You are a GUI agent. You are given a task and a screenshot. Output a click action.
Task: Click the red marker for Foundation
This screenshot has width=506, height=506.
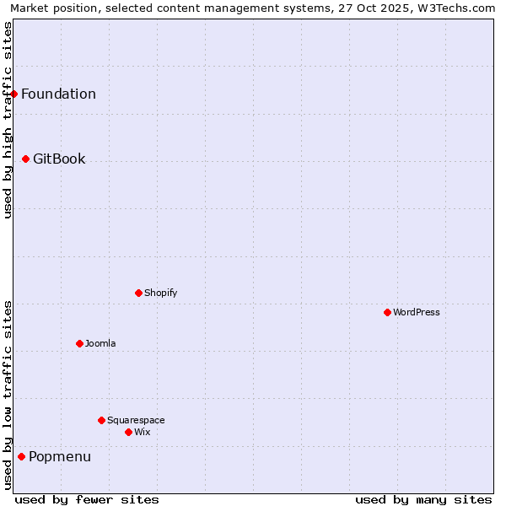pyautogui.click(x=14, y=94)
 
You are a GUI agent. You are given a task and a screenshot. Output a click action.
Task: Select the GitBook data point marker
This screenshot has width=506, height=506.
pyautogui.click(x=26, y=159)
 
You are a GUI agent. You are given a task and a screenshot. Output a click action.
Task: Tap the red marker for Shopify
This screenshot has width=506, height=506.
pyautogui.click(x=139, y=293)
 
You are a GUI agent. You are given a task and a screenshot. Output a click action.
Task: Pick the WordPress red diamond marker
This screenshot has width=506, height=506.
pyautogui.click(x=388, y=312)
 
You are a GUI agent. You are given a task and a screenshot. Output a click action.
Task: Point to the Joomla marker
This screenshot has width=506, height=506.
pyautogui.click(x=80, y=343)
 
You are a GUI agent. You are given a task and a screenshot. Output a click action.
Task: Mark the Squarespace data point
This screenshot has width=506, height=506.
pyautogui.click(x=102, y=420)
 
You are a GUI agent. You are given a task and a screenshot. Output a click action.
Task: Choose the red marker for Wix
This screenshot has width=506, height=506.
pyautogui.click(x=129, y=432)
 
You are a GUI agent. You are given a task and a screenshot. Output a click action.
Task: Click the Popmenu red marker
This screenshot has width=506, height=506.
pyautogui.click(x=22, y=456)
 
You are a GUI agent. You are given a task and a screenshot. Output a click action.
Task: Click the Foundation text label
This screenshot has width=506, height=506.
pyautogui.click(x=58, y=94)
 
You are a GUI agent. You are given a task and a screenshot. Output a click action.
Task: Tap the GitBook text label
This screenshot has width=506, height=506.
pyautogui.click(x=59, y=159)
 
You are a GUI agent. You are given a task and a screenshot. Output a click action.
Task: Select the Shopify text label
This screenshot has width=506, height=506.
pyautogui.click(x=160, y=293)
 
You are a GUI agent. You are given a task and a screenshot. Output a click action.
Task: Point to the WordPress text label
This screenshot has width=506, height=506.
pyautogui.click(x=417, y=312)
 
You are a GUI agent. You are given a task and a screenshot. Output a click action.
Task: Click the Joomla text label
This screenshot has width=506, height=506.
pyautogui.click(x=100, y=343)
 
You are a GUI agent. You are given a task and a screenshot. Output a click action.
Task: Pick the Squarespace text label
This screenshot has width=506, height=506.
pyautogui.click(x=136, y=420)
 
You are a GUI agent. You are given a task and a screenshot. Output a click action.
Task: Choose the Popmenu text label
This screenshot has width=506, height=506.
pyautogui.click(x=60, y=456)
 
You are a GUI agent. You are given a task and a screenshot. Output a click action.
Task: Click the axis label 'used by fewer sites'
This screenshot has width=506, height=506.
pyautogui.click(x=87, y=499)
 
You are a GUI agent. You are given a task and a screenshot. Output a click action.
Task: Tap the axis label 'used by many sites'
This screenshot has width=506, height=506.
pyautogui.click(x=423, y=499)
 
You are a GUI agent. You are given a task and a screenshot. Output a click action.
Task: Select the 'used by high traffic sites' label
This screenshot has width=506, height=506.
pyautogui.click(x=8, y=120)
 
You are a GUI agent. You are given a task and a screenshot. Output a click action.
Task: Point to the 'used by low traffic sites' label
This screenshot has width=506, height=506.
pyautogui.click(x=8, y=395)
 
